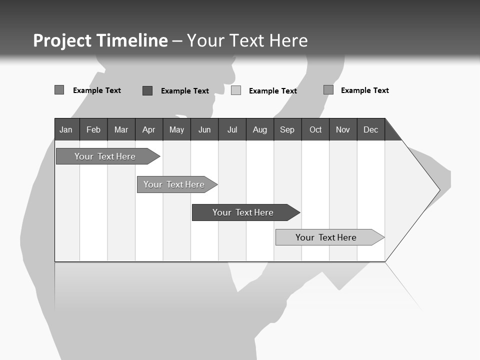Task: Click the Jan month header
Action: click(66, 129)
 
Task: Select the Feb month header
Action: click(93, 129)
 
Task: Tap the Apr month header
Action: click(148, 129)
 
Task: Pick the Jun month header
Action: click(204, 129)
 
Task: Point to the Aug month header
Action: click(260, 129)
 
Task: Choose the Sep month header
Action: click(287, 129)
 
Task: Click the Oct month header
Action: click(315, 129)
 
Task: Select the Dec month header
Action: click(371, 129)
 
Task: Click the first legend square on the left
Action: click(59, 90)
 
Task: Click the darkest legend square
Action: click(147, 90)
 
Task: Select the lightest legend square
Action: click(236, 90)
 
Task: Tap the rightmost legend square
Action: click(328, 90)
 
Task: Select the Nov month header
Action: click(343, 129)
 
